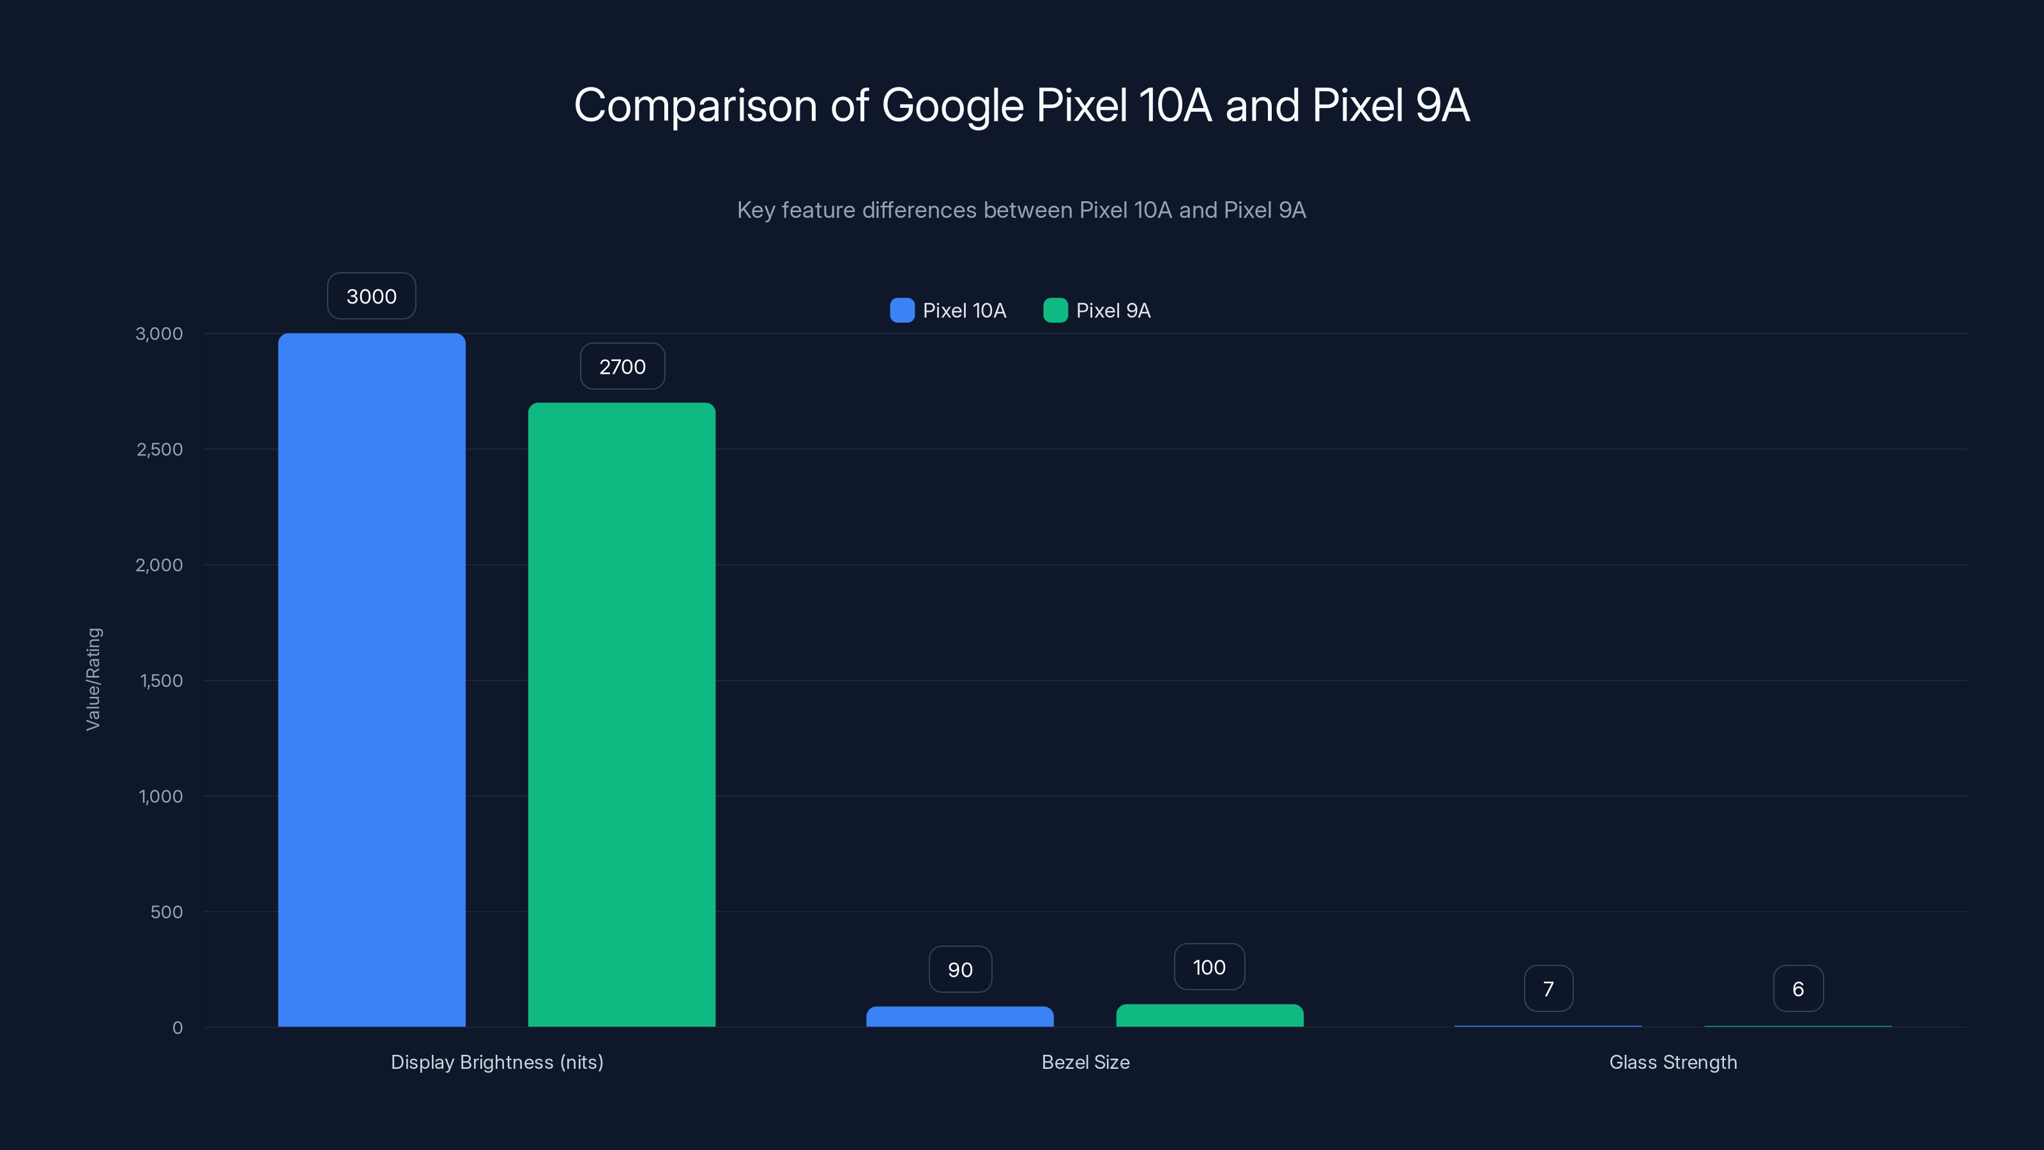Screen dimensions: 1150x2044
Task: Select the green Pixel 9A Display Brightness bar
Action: coord(622,714)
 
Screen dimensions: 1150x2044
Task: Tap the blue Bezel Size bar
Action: coord(959,1016)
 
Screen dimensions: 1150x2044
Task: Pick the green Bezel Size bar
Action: coord(1209,1015)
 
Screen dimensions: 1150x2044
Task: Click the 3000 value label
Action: coord(371,296)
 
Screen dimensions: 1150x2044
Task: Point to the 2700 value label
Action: coord(622,367)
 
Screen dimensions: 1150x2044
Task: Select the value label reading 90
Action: coord(960,969)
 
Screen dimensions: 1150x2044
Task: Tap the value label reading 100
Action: coord(1209,967)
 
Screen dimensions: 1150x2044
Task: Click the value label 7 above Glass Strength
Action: coord(1548,988)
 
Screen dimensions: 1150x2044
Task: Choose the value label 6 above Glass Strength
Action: coord(1798,988)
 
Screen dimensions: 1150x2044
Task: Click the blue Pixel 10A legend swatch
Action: coord(902,310)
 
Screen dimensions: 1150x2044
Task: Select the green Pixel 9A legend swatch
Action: coord(1055,310)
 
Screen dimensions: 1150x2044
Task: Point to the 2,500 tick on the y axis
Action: coord(160,449)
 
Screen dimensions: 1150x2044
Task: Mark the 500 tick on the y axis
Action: coord(167,912)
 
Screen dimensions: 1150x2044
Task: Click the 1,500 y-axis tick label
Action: coord(161,680)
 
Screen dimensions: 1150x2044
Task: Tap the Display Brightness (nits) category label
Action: coord(497,1062)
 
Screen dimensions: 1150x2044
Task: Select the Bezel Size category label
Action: coord(1085,1062)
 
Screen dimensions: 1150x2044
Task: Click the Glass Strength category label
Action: coord(1673,1062)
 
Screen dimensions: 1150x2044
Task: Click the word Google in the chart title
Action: coord(953,105)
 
